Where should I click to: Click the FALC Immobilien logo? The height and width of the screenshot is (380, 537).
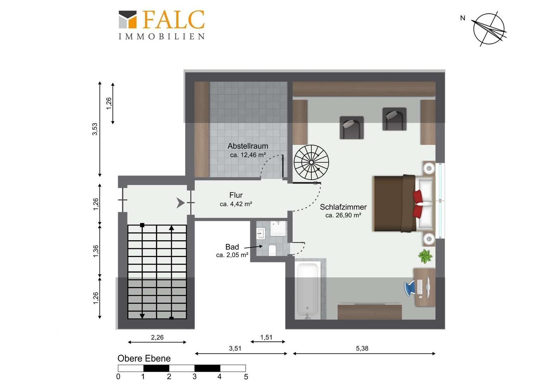click(162, 25)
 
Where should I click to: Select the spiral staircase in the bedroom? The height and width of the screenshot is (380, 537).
click(311, 162)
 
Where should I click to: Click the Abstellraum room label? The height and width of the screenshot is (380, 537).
click(248, 146)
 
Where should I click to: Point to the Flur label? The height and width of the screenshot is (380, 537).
click(236, 195)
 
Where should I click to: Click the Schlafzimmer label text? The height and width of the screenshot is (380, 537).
click(343, 207)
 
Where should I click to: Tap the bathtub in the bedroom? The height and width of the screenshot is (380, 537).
click(308, 291)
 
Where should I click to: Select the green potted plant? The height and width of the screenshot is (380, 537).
click(425, 256)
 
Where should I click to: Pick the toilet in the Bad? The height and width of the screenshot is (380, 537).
click(272, 250)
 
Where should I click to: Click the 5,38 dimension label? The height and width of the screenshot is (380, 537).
click(362, 348)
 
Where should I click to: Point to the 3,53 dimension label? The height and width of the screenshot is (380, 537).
click(95, 129)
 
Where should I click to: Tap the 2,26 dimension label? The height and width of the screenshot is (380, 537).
click(157, 337)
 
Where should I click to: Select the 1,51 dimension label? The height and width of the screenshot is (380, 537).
click(266, 337)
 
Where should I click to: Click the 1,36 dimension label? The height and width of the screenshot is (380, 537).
click(96, 251)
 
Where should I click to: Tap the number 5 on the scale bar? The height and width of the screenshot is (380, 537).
click(246, 376)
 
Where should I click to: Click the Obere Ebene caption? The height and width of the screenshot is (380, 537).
click(144, 359)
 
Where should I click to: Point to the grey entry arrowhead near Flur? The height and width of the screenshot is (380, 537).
click(180, 203)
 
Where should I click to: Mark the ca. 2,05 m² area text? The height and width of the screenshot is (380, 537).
click(232, 255)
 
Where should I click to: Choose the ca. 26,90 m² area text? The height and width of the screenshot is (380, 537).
click(343, 215)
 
